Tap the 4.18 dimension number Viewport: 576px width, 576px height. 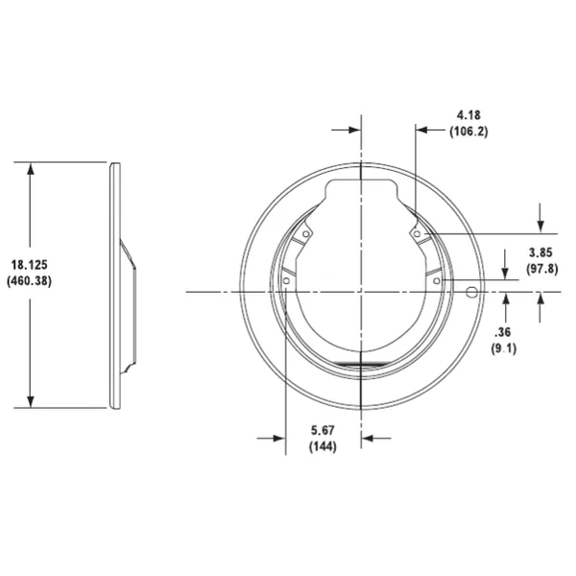point(468,115)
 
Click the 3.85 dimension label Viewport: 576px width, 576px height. point(540,252)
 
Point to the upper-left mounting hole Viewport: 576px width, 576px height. point(306,233)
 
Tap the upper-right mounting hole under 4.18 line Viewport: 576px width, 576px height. point(416,230)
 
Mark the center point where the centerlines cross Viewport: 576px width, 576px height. point(361,290)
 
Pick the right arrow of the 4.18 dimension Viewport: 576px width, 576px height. point(423,128)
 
